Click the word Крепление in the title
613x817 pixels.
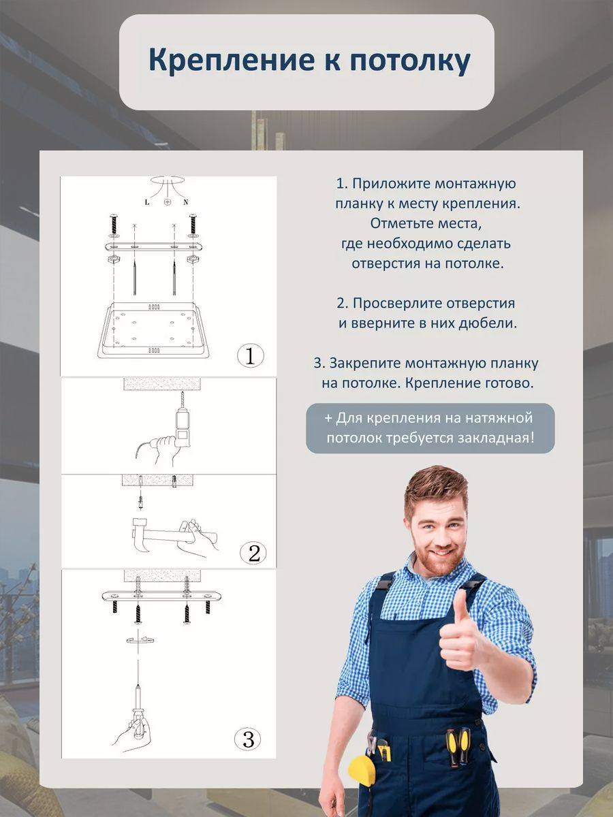(219, 61)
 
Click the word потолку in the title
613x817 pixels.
(410, 61)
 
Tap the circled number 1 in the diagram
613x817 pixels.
(249, 355)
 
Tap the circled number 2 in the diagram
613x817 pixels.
(253, 553)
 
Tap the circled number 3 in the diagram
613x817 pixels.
(248, 739)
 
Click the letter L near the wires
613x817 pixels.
(147, 203)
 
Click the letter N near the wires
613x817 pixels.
(186, 203)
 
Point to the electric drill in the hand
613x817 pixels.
(181, 426)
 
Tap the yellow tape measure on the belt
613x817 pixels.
(360, 769)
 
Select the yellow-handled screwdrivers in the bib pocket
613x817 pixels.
(458, 746)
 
